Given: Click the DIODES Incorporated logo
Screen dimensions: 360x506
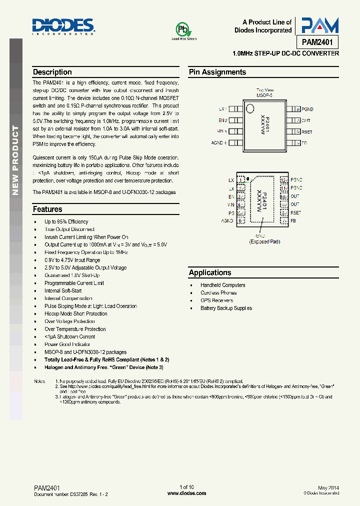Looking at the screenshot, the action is coord(63,26).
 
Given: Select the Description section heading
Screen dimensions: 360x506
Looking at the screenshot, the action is coord(52,72).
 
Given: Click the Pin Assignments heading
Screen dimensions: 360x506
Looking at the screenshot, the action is coord(217,72).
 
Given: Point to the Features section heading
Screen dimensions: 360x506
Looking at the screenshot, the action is coord(47,209).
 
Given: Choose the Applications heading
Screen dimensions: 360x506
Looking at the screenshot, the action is coord(210,272).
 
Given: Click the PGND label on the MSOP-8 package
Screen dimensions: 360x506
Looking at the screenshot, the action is coord(307,109).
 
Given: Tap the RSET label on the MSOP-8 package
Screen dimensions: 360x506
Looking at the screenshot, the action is coord(306,132).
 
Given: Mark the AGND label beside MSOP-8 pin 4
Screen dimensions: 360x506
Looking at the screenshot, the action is coord(217,143).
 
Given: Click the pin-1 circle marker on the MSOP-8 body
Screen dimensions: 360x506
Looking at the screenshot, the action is coord(250,108).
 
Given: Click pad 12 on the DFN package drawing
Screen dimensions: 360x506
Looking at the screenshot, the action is coord(284,180).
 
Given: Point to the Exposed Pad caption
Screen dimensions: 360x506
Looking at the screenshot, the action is coord(264,241).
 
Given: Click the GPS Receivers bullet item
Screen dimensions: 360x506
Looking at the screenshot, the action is coord(217,300).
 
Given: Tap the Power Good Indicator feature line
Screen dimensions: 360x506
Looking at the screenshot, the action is coord(67,344).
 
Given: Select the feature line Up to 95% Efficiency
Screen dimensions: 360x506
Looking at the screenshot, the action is coord(66,221).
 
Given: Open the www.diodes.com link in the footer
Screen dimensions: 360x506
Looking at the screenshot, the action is coord(186,493).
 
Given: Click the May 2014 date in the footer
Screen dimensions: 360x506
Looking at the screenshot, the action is coord(328,487).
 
